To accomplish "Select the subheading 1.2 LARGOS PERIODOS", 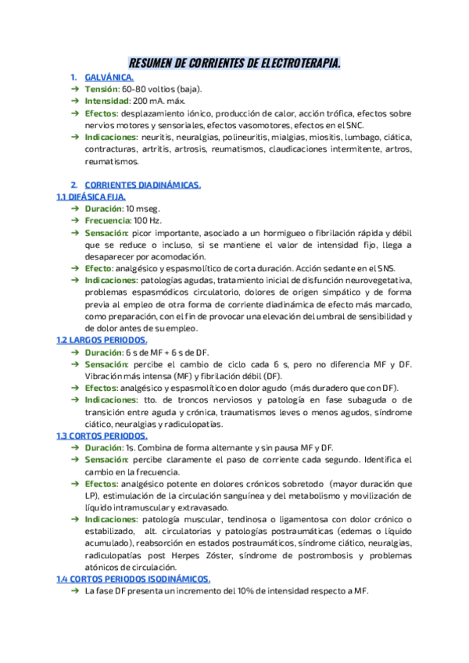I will pyautogui.click(x=102, y=340).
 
